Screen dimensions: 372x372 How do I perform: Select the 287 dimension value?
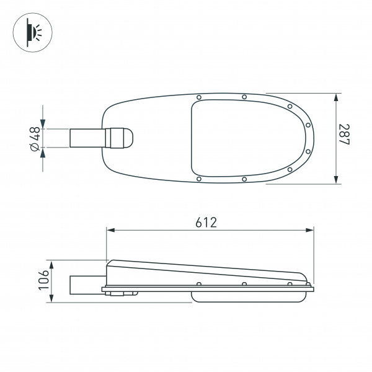[x=345, y=138]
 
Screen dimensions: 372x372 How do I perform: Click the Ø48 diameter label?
[x=35, y=138]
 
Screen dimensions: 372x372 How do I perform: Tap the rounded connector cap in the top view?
[x=121, y=138]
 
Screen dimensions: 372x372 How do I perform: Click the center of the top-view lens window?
[x=248, y=138]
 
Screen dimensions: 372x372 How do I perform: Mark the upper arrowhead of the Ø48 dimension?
[x=43, y=125]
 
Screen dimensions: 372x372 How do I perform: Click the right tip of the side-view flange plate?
[x=313, y=288]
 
